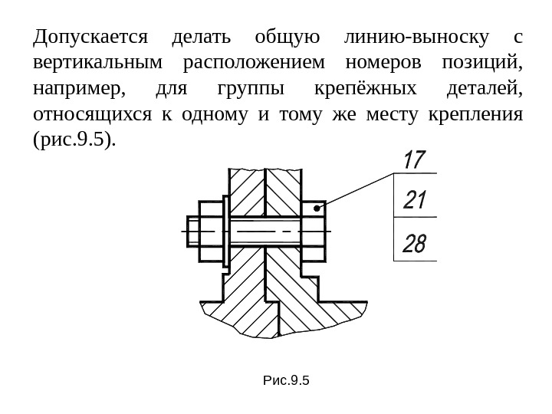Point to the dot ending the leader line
click(x=316, y=208)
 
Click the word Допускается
click(x=90, y=37)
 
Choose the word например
click(x=79, y=90)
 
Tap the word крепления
click(x=476, y=117)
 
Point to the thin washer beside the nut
click(x=226, y=229)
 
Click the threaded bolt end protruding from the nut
click(x=193, y=229)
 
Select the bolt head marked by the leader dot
click(x=314, y=229)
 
